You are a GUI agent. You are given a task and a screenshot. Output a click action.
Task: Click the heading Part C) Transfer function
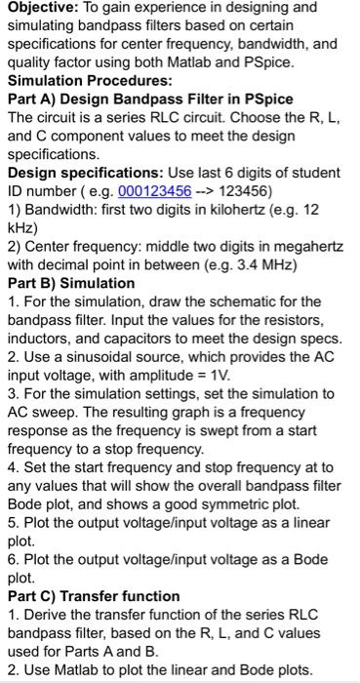tap(94, 596)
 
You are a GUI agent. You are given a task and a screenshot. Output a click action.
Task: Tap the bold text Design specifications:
tap(85, 170)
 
